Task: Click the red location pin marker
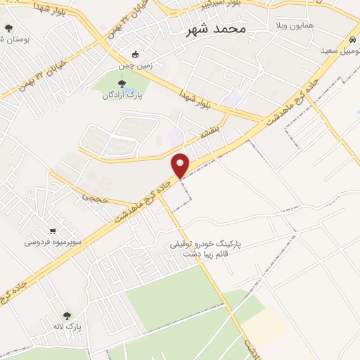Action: tap(181, 165)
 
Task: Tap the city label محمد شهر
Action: tap(216, 29)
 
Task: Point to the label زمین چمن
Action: tap(136, 65)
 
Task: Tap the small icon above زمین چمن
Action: tap(136, 54)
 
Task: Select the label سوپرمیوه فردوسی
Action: tap(53, 242)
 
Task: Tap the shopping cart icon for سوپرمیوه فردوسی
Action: tap(53, 231)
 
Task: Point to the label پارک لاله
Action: tap(69, 327)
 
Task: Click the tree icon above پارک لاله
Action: tap(67, 316)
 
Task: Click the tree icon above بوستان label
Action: tap(8, 28)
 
